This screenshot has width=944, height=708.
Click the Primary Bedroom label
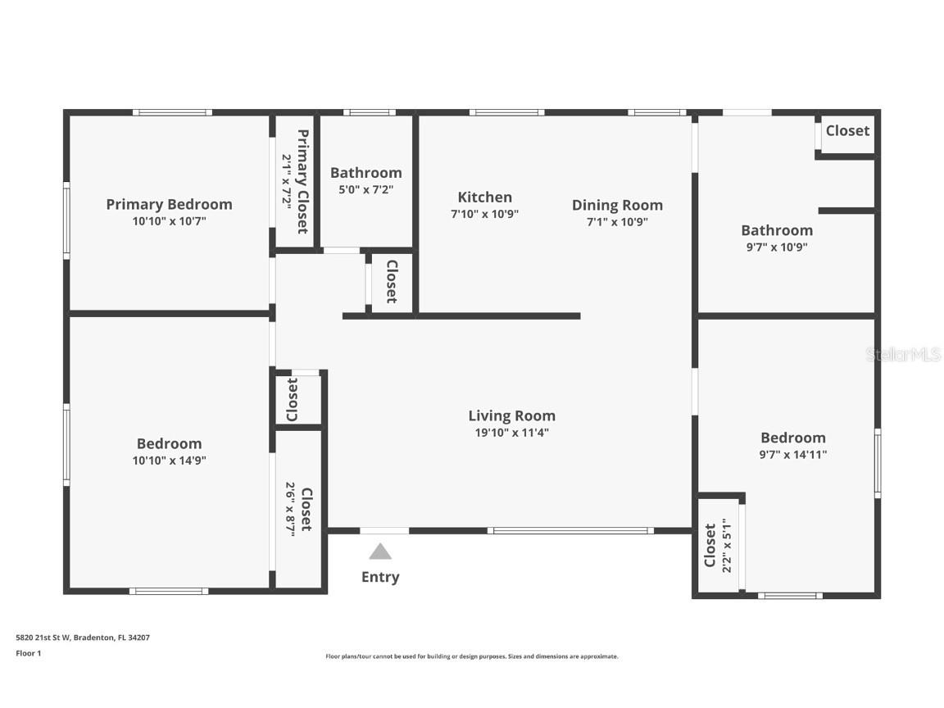[169, 204]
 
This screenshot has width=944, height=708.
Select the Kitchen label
[484, 197]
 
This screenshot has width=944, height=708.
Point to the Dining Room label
[617, 205]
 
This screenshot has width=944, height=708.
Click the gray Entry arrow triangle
[380, 551]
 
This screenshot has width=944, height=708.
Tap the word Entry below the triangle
[380, 577]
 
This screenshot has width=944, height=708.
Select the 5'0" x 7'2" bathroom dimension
[366, 188]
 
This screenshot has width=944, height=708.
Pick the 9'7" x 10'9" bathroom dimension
[777, 247]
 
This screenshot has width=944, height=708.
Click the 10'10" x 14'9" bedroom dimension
[169, 461]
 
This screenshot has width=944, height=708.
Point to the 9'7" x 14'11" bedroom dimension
[793, 454]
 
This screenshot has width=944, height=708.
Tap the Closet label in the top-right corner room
[847, 130]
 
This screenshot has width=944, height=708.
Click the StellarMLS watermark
[903, 355]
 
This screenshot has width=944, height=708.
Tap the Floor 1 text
[28, 653]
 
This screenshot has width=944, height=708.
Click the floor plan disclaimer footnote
[472, 656]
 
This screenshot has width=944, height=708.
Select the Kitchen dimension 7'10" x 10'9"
[484, 214]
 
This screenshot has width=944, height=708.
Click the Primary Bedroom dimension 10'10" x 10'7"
[169, 220]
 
